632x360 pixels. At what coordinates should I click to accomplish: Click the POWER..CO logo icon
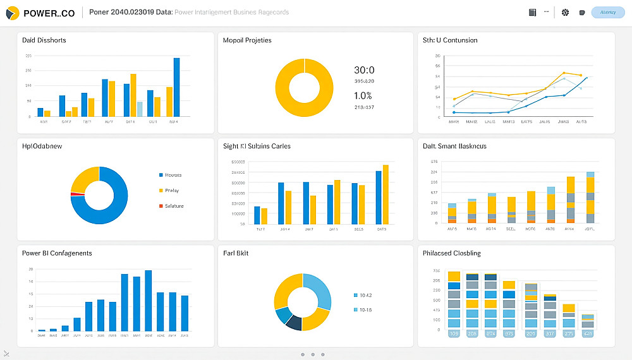(12, 13)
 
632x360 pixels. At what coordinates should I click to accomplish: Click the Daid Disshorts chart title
(44, 40)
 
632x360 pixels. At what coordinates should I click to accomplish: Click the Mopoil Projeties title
(247, 40)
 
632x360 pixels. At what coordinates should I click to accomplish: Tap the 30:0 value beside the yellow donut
(364, 70)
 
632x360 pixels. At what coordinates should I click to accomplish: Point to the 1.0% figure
(363, 96)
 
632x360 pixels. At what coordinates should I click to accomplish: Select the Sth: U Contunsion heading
(450, 40)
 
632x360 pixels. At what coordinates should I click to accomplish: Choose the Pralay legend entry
(171, 190)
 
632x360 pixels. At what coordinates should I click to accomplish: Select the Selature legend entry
(173, 206)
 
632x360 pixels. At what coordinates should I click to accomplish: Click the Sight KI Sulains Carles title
(257, 147)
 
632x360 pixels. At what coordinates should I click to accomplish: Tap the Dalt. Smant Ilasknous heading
(454, 147)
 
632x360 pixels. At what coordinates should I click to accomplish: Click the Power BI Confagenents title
(57, 253)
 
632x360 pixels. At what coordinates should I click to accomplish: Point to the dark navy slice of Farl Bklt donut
(293, 322)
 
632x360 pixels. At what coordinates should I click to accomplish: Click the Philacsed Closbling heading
(451, 253)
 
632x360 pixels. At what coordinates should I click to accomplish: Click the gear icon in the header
(565, 13)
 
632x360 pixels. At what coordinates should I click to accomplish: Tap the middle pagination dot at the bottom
(313, 354)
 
